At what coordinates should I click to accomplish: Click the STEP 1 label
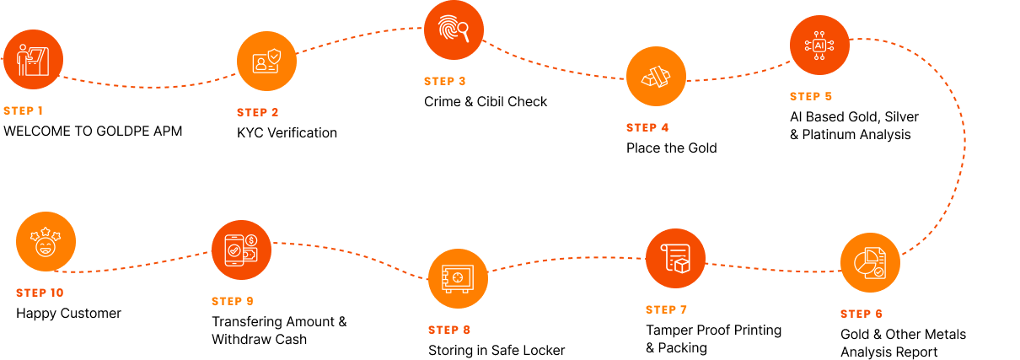click(x=23, y=110)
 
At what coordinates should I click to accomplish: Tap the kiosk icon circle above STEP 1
click(x=33, y=59)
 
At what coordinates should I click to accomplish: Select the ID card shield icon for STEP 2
click(x=266, y=61)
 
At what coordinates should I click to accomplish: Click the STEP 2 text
click(x=257, y=112)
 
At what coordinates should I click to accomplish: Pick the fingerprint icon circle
click(x=454, y=30)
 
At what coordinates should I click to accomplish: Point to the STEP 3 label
click(x=444, y=81)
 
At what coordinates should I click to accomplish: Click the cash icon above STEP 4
click(x=656, y=76)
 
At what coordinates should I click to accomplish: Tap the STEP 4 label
click(x=647, y=127)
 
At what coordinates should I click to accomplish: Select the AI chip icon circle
click(x=819, y=45)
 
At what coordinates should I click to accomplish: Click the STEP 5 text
click(x=811, y=96)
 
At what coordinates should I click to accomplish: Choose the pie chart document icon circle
click(x=870, y=262)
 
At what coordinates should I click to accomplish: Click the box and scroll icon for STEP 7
click(x=675, y=258)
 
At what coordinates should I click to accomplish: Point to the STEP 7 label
click(x=666, y=309)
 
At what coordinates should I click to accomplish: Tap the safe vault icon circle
click(x=458, y=278)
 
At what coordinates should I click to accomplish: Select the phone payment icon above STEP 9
click(x=241, y=250)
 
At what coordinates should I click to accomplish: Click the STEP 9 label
click(x=232, y=301)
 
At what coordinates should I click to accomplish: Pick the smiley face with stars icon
click(x=46, y=241)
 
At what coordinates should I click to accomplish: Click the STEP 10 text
click(x=40, y=293)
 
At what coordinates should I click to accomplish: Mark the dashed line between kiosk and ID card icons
click(x=152, y=87)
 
